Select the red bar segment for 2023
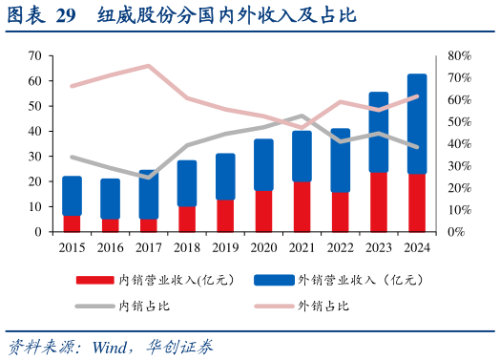378,201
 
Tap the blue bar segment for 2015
72,196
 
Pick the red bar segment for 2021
302,206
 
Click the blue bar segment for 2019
225,177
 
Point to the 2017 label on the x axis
148,246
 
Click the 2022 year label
340,246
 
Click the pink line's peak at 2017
148,66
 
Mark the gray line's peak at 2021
302,116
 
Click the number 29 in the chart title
65,16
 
